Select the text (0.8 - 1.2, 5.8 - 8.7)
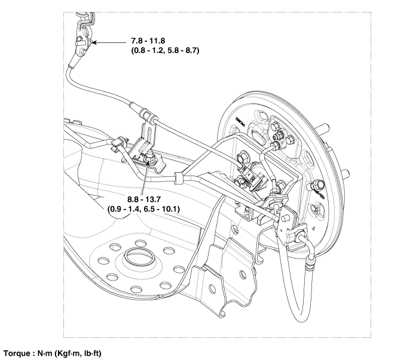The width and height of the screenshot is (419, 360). pyautogui.click(x=165, y=51)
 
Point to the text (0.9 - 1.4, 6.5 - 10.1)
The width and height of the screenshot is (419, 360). pyautogui.click(x=143, y=209)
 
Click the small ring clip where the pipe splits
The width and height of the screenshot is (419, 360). pyautogui.click(x=178, y=177)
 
